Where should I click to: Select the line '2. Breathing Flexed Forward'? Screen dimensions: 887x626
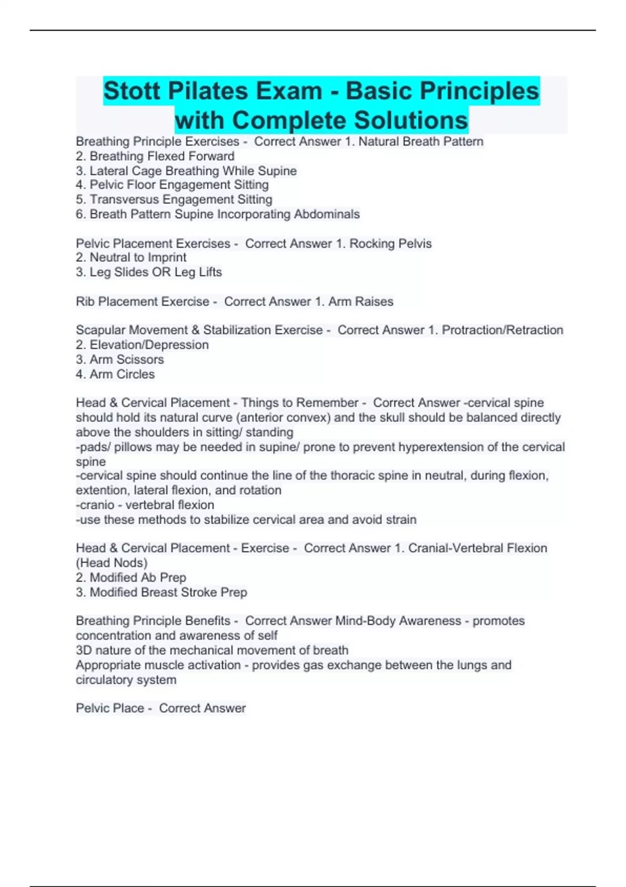click(x=155, y=156)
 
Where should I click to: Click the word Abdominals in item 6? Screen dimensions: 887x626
click(x=327, y=214)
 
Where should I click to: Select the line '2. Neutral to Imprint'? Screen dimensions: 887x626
click(x=131, y=257)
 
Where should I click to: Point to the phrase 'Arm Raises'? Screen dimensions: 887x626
click(x=361, y=302)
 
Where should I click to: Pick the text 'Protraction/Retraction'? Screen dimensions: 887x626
click(x=502, y=330)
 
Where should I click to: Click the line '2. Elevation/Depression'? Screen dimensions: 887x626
click(x=142, y=345)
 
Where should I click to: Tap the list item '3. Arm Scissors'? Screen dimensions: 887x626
click(x=119, y=359)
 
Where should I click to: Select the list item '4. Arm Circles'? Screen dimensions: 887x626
click(x=115, y=374)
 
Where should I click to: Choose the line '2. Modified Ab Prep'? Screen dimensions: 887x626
click(x=131, y=578)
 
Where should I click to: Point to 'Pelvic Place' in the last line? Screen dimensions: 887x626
click(x=110, y=708)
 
